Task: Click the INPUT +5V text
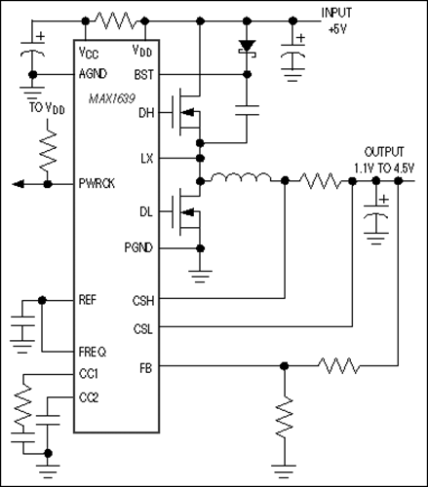coord(340,19)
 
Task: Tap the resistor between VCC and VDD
coord(116,19)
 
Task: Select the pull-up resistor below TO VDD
coord(43,149)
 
